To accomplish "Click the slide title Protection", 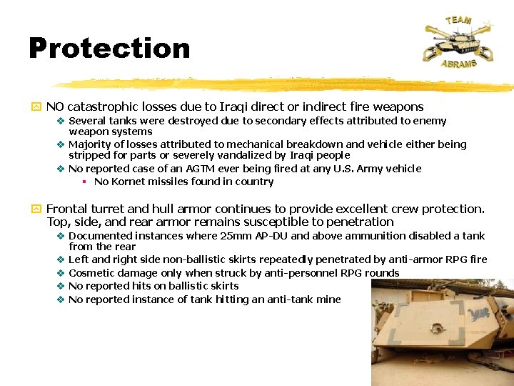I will pyautogui.click(x=109, y=48).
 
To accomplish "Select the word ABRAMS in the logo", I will pyautogui.click(x=458, y=64).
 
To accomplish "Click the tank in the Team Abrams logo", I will pyautogui.click(x=457, y=41).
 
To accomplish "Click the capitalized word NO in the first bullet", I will pyautogui.click(x=55, y=107).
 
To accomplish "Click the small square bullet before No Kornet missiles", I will pyautogui.click(x=84, y=182).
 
